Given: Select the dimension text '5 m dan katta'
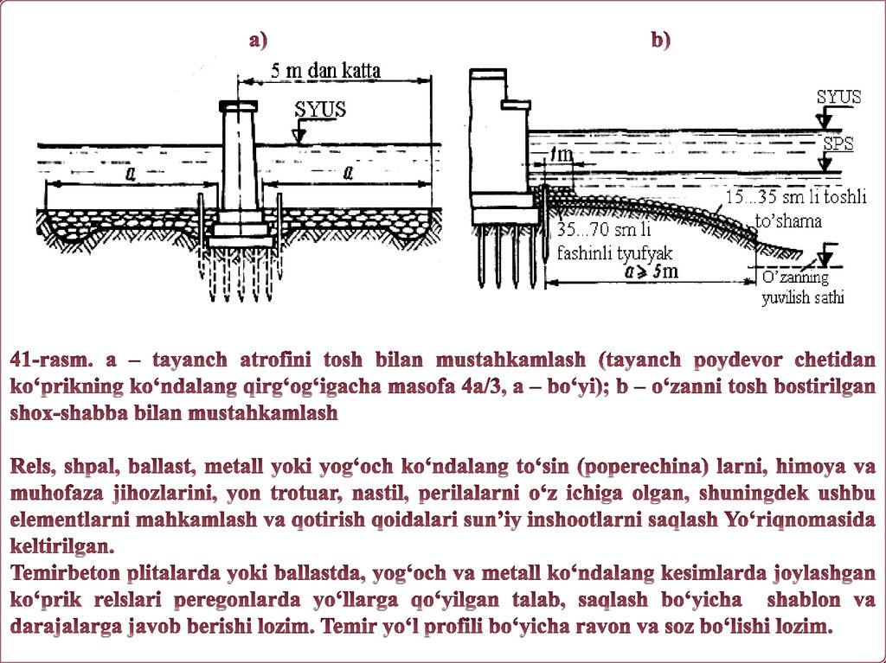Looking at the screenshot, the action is (x=325, y=71).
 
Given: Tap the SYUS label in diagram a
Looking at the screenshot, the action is (x=320, y=110).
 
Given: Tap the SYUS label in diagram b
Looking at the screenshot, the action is (x=838, y=97).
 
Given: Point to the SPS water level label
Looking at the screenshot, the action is (x=838, y=143).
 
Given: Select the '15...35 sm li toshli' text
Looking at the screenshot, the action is (x=795, y=198).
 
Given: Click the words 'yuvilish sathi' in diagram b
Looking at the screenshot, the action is (x=802, y=298).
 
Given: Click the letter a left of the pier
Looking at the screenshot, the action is (x=130, y=174).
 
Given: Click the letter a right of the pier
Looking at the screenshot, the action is (x=348, y=174).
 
